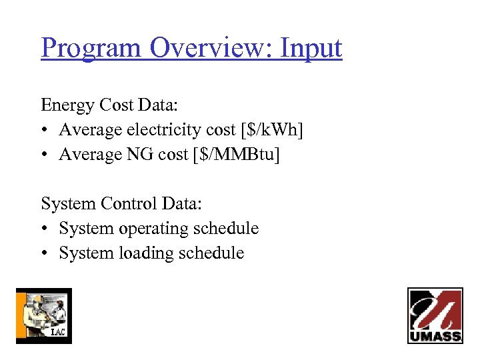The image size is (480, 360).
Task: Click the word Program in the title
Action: coord(92,49)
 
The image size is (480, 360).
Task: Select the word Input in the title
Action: coord(311,49)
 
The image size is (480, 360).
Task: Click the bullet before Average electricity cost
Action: coord(45,131)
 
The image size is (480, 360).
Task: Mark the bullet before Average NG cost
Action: coord(45,155)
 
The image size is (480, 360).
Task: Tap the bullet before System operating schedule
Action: coord(45,229)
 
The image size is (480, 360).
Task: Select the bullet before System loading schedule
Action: coord(45,253)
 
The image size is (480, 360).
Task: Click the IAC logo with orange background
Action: coord(43,315)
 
